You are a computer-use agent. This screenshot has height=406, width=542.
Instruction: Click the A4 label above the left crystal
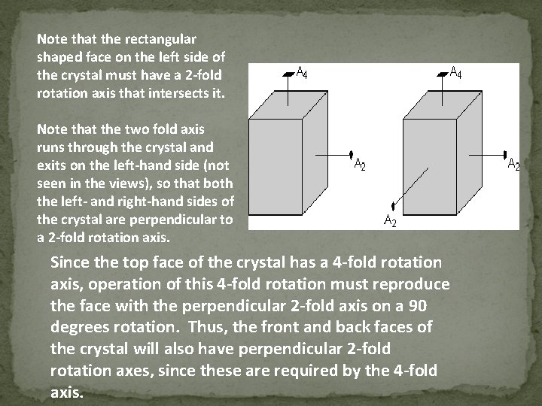click(x=301, y=73)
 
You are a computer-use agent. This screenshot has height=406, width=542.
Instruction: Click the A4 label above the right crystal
click(x=455, y=73)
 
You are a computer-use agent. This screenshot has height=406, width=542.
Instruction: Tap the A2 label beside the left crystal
click(x=361, y=165)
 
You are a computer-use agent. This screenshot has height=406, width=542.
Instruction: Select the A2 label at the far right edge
click(x=513, y=165)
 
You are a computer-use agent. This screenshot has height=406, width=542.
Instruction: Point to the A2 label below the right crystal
click(x=391, y=220)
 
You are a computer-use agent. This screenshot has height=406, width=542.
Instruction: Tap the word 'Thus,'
click(x=206, y=328)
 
